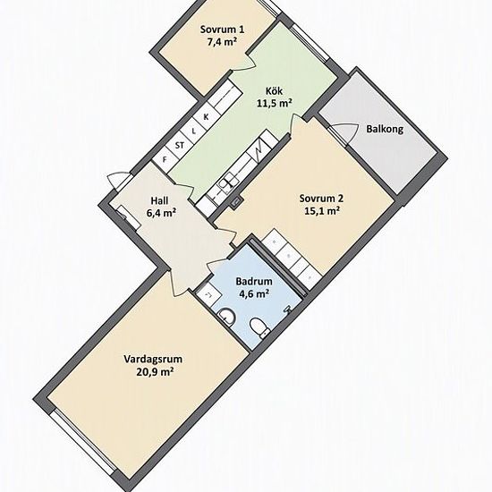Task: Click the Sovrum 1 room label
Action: click(x=222, y=30)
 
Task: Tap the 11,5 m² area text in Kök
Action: click(x=275, y=103)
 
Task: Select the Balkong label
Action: click(x=385, y=129)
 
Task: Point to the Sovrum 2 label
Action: click(x=322, y=199)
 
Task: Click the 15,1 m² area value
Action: click(x=322, y=211)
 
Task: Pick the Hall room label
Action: click(x=159, y=200)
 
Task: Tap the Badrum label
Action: click(x=253, y=281)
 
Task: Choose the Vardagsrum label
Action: click(x=153, y=359)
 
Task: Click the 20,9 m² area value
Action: click(x=155, y=372)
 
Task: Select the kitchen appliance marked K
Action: click(x=206, y=117)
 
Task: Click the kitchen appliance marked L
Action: click(x=193, y=131)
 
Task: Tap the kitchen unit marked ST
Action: click(x=180, y=145)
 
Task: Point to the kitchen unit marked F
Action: click(x=165, y=160)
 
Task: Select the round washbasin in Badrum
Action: click(x=226, y=316)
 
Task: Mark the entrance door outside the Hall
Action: click(x=118, y=180)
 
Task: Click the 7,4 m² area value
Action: click(x=222, y=42)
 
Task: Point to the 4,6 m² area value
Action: click(x=253, y=293)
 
